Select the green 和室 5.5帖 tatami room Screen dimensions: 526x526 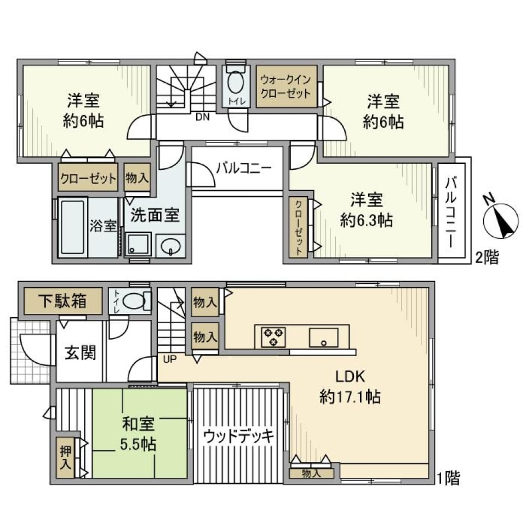click(x=139, y=433)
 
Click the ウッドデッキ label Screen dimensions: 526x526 click(x=238, y=436)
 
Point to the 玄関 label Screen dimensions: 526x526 click(x=81, y=352)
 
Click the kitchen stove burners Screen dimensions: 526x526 click(x=273, y=335)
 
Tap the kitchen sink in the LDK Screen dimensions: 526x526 click(x=323, y=337)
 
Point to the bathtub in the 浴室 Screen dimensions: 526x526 click(x=73, y=226)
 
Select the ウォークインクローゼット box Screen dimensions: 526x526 click(x=286, y=86)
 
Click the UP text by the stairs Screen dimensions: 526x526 click(x=168, y=359)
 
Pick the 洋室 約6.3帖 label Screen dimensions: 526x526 click(x=366, y=210)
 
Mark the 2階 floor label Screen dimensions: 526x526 click(x=487, y=258)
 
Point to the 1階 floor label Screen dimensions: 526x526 click(x=449, y=478)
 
